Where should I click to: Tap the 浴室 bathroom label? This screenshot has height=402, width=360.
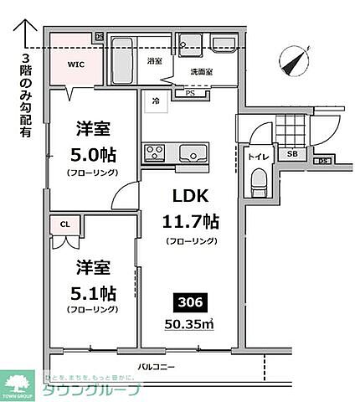[x=155, y=62]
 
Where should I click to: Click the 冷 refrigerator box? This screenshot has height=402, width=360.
[x=155, y=100]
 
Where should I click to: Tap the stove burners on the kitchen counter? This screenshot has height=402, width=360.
[x=156, y=152]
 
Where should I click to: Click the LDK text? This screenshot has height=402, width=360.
[x=192, y=196]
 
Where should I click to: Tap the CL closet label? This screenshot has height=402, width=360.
[x=63, y=224]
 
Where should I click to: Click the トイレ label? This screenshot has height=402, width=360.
[x=255, y=156]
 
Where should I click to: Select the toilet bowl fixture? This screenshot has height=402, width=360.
[x=258, y=180]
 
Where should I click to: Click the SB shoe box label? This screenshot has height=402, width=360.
[x=292, y=155]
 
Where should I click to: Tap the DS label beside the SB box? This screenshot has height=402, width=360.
[x=321, y=161]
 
